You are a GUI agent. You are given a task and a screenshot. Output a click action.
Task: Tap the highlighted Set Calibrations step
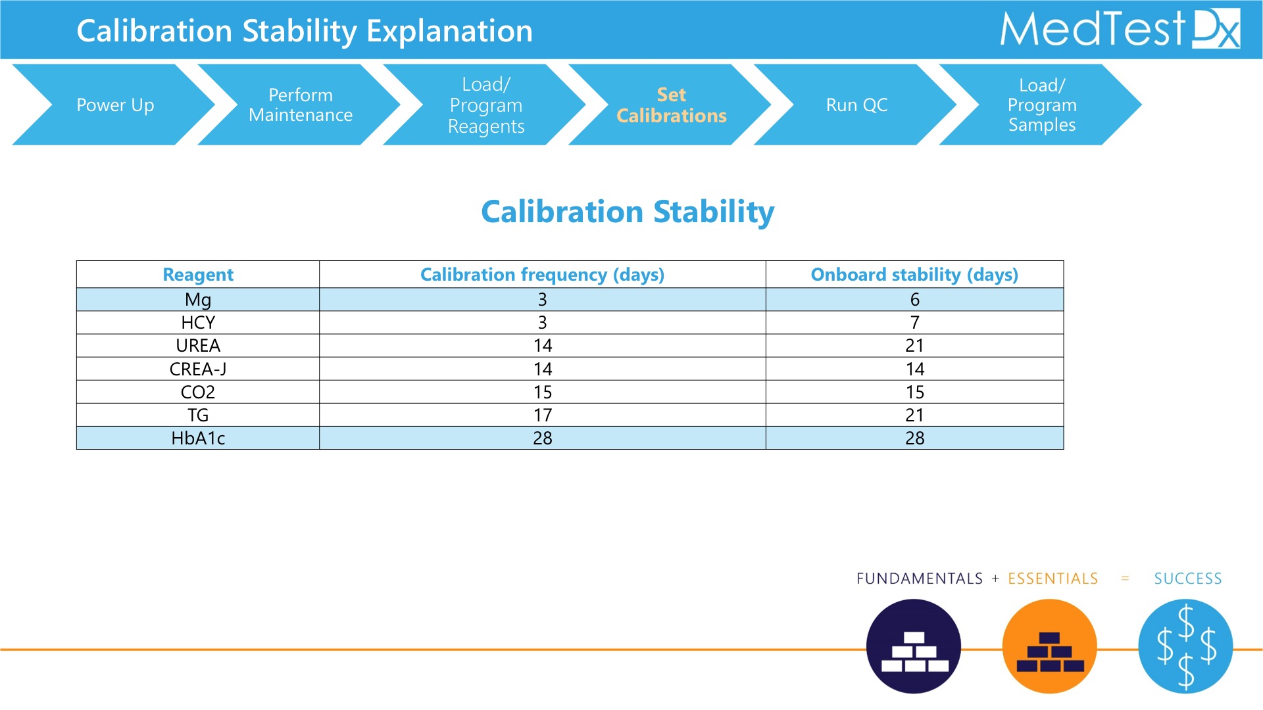tap(671, 105)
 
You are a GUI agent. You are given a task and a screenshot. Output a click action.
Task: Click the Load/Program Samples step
tap(1042, 105)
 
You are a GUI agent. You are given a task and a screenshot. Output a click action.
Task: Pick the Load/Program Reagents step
tap(486, 105)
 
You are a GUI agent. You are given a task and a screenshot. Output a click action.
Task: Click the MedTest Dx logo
tap(1120, 29)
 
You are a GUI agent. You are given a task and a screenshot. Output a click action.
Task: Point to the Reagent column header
tap(198, 274)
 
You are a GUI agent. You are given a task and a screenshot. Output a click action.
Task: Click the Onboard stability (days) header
tap(914, 274)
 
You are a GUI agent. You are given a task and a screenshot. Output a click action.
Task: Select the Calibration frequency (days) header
tap(543, 274)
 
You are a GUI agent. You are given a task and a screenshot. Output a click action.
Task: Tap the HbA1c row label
tap(198, 438)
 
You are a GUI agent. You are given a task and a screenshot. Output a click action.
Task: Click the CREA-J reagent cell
tap(198, 369)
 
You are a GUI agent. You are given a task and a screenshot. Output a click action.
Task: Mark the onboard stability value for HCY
tap(914, 322)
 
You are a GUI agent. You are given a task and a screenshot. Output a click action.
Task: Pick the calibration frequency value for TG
tap(543, 415)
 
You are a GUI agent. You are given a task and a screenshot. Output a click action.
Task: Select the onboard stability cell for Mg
tap(914, 299)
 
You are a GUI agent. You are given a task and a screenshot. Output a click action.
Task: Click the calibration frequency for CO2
tap(543, 392)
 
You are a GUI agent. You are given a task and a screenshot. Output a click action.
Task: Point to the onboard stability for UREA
tap(914, 345)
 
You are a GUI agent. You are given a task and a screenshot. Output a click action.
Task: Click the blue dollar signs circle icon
tap(1185, 646)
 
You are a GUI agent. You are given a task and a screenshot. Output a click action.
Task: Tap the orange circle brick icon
tap(1050, 646)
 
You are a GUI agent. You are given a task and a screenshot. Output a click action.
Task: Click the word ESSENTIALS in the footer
tap(1053, 579)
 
